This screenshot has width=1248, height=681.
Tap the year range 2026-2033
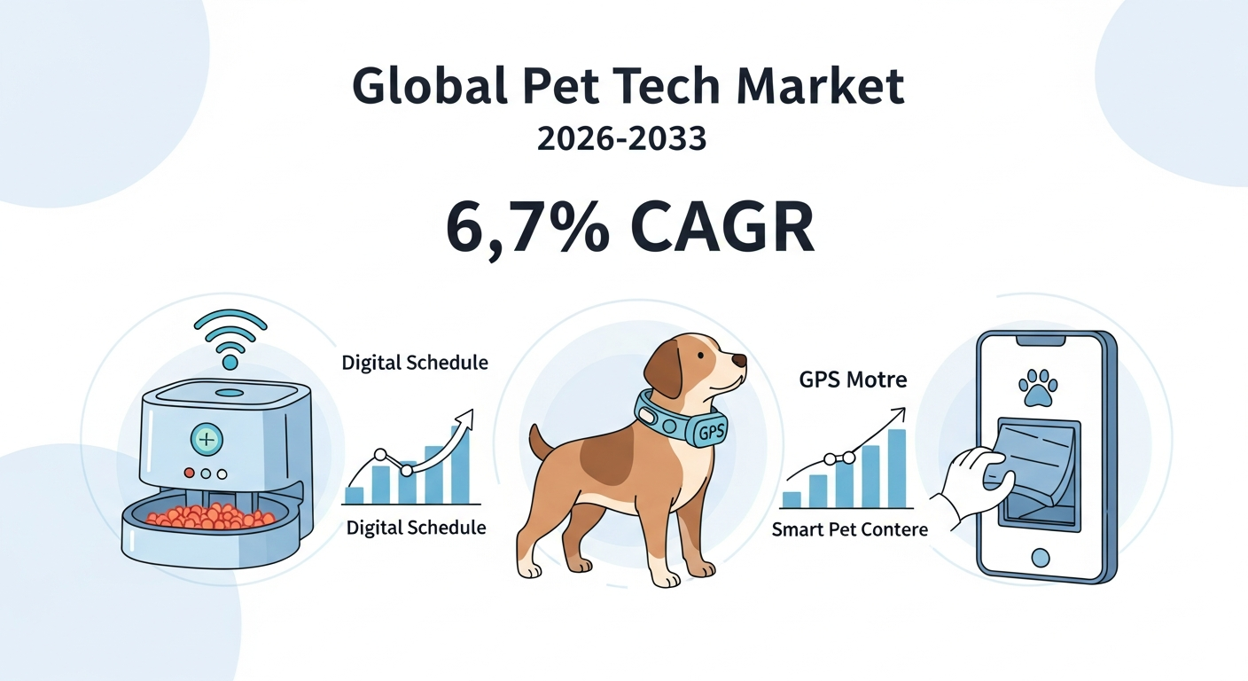click(x=621, y=138)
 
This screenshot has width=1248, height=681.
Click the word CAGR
click(x=722, y=227)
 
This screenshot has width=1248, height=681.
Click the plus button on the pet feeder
click(x=207, y=440)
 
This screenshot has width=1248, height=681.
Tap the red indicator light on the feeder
click(x=190, y=474)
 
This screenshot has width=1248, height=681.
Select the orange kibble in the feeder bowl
click(x=211, y=517)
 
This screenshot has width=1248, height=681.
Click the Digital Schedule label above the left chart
click(x=415, y=363)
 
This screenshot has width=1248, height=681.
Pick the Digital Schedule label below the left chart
click(x=417, y=528)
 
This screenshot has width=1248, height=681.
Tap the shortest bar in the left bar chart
click(x=355, y=495)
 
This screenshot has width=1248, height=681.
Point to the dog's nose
click(x=738, y=361)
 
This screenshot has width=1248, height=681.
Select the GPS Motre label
click(x=853, y=380)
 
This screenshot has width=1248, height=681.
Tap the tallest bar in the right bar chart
click(x=896, y=468)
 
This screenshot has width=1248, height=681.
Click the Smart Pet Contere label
click(x=850, y=529)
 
